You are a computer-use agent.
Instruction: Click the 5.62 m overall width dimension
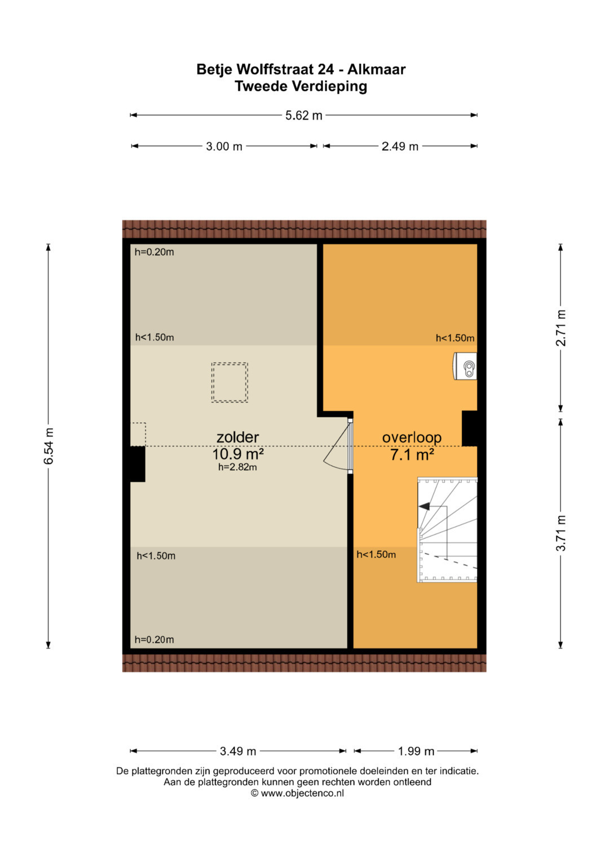pos(303,116)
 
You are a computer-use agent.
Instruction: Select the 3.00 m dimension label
pos(224,147)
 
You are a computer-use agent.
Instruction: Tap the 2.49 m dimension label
pos(400,147)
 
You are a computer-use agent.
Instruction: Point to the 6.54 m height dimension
pos(48,446)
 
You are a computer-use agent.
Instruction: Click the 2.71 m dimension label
pos(561,327)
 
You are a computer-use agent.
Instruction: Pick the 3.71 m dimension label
pos(561,533)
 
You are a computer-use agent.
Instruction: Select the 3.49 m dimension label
pos(238,751)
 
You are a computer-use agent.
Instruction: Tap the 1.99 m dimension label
pos(416,751)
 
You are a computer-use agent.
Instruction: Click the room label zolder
pos(237,437)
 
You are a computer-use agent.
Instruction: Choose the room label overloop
pos(412,437)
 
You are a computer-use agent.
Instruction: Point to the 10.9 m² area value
pos(238,454)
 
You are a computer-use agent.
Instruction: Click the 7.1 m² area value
pos(412,455)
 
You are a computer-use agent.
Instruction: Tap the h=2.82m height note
pos(237,467)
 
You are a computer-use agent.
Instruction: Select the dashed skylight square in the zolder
pos(230,383)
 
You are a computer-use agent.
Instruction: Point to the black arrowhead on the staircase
pos(425,506)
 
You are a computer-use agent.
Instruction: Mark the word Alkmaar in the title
pos(377,69)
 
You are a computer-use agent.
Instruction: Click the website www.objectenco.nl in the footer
pos(302,793)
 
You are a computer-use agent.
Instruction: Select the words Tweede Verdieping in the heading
pos(301,86)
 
